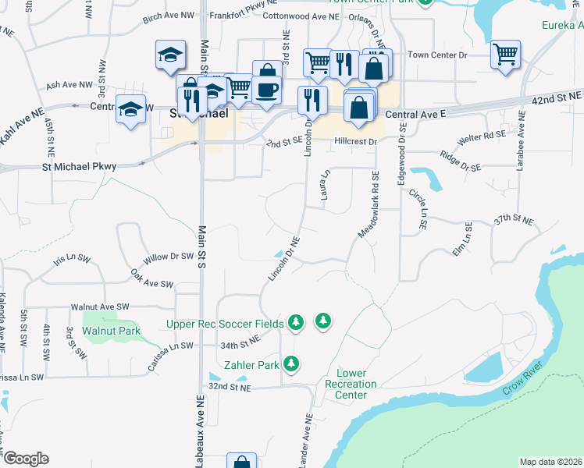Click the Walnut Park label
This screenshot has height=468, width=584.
(x=112, y=331)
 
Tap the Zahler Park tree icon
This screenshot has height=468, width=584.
(x=290, y=363)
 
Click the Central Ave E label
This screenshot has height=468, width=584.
(x=415, y=115)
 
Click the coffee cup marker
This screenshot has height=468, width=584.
(x=266, y=90)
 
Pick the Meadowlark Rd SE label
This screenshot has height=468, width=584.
(x=367, y=205)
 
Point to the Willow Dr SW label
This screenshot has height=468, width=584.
(x=169, y=257)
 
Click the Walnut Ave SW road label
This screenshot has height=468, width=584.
(x=99, y=307)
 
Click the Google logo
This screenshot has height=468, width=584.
(x=26, y=459)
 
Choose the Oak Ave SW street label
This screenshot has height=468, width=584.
(x=151, y=279)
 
